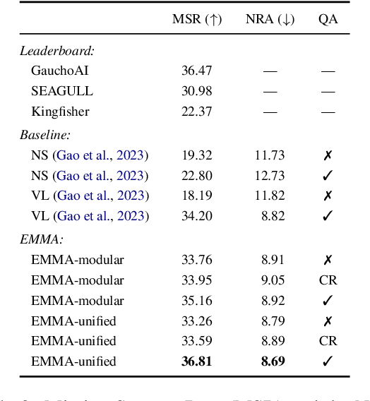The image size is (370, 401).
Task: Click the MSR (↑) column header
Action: [x=197, y=20]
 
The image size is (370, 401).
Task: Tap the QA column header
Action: [x=328, y=20]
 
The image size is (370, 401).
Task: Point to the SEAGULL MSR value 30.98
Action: [x=197, y=91]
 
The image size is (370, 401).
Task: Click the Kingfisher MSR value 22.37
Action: [x=197, y=112]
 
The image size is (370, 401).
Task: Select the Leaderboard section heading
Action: [x=47, y=51]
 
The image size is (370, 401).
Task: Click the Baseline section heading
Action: [x=44, y=134]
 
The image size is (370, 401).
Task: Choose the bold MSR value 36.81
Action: [x=197, y=361]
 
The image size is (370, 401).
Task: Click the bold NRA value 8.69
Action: [x=272, y=361]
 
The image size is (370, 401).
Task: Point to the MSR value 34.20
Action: [x=197, y=216]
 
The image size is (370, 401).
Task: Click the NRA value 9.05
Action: [x=272, y=280]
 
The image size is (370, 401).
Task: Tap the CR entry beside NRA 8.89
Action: [x=328, y=341]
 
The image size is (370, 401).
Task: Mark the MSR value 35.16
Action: [x=197, y=301]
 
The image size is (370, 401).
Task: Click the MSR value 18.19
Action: [x=197, y=196]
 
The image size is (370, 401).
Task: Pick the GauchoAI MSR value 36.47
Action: [x=197, y=71]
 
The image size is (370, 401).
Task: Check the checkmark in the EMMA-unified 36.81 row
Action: [x=328, y=361]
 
